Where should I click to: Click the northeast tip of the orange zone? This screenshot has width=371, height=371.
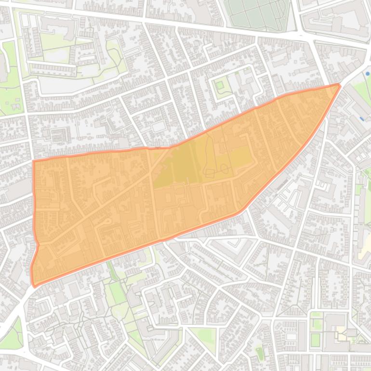point(339,86)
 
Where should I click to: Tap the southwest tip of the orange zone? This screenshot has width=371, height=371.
point(34,285)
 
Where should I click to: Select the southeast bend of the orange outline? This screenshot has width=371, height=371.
point(240,211)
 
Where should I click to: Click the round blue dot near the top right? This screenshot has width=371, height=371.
point(368,74)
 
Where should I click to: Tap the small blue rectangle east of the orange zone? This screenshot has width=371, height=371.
point(362,118)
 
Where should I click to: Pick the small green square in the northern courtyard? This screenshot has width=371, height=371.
point(220,86)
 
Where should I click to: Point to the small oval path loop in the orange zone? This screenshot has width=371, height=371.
point(225,167)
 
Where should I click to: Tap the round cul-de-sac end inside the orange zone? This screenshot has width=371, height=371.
point(109,221)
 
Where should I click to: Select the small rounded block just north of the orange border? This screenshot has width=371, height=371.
point(158,127)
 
